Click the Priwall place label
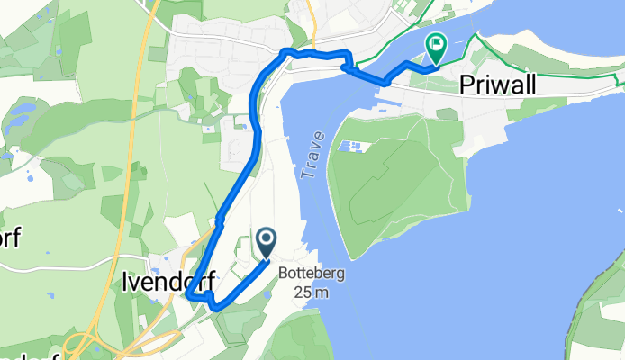pos(511,85)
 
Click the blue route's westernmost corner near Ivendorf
pos(187,293)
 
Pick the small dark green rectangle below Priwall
pos(447,113)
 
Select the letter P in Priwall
pos(467,85)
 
